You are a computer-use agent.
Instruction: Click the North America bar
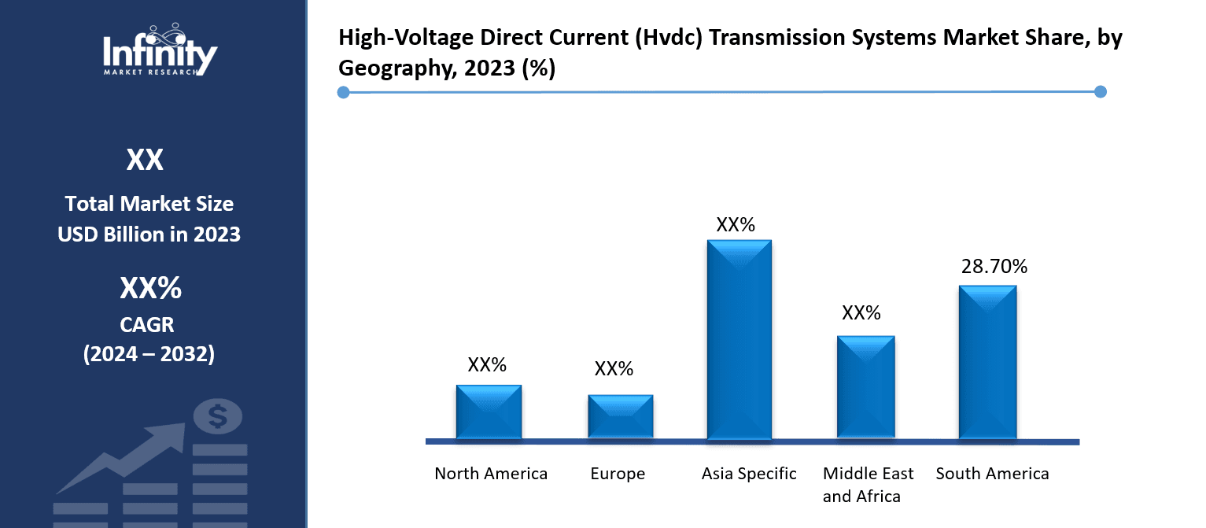tap(489, 412)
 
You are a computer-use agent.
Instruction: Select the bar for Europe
tap(621, 416)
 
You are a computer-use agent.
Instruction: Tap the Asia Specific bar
tap(739, 339)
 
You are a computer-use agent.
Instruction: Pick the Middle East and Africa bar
tap(865, 386)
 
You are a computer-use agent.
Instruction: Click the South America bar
tap(987, 361)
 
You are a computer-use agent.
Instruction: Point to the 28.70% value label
tap(994, 267)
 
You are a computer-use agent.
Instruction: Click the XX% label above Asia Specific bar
tap(736, 224)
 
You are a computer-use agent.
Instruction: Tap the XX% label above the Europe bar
tap(614, 368)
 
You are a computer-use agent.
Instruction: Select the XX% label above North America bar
tap(487, 364)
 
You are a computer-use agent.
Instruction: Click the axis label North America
tap(491, 474)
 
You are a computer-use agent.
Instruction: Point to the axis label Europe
tap(618, 474)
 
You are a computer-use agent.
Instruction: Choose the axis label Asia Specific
tap(749, 474)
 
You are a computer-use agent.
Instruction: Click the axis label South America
tap(992, 474)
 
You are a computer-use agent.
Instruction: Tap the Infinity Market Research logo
tap(160, 50)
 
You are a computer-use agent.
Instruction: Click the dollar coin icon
tap(217, 415)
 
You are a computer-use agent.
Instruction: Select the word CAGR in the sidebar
tap(149, 323)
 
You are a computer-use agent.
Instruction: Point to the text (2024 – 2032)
tap(149, 354)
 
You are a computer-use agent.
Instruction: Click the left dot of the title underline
tap(343, 93)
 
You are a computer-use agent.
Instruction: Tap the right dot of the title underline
tap(1101, 92)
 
